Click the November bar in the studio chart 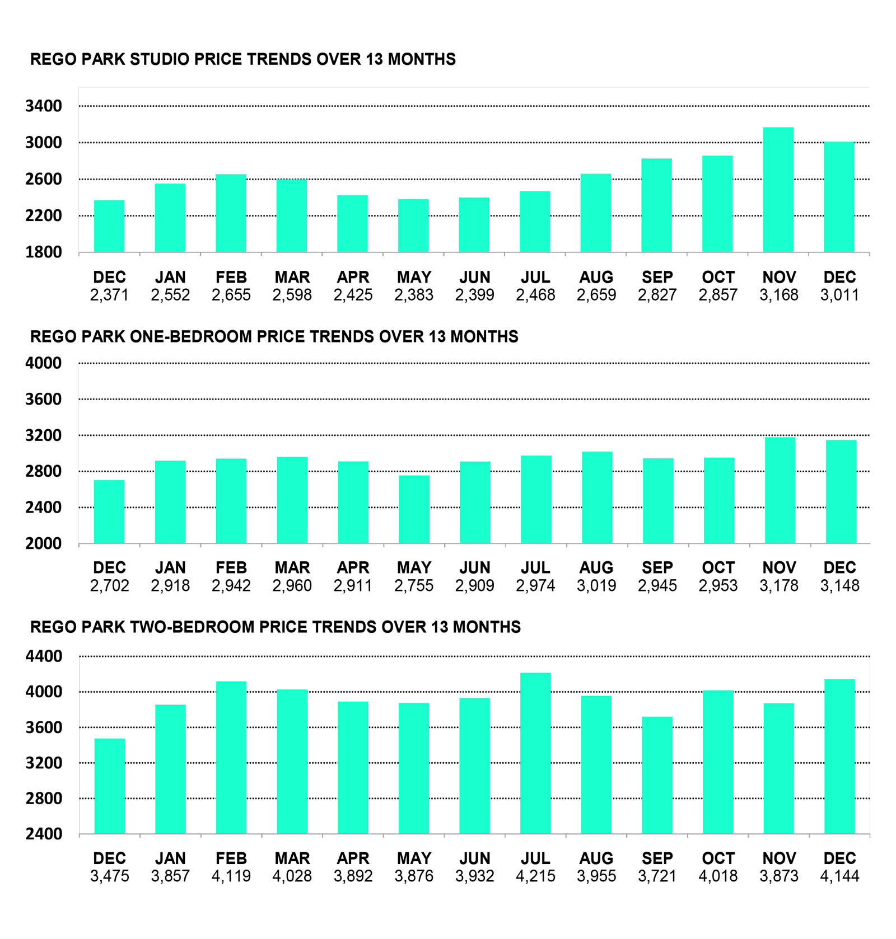778,190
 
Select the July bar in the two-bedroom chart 535,753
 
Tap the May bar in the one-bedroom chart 414,509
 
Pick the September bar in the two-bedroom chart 657,775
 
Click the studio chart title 242,59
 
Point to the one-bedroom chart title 274,336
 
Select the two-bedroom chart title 275,627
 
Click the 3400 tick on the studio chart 44,106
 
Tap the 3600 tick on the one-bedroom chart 44,399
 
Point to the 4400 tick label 44,656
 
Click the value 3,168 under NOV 778,295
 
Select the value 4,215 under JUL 535,876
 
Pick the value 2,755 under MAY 414,585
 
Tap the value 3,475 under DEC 109,876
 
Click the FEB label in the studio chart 231,277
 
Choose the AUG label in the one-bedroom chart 596,567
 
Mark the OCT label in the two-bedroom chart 718,858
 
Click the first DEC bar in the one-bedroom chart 109,511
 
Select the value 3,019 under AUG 596,585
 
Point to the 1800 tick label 44,252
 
